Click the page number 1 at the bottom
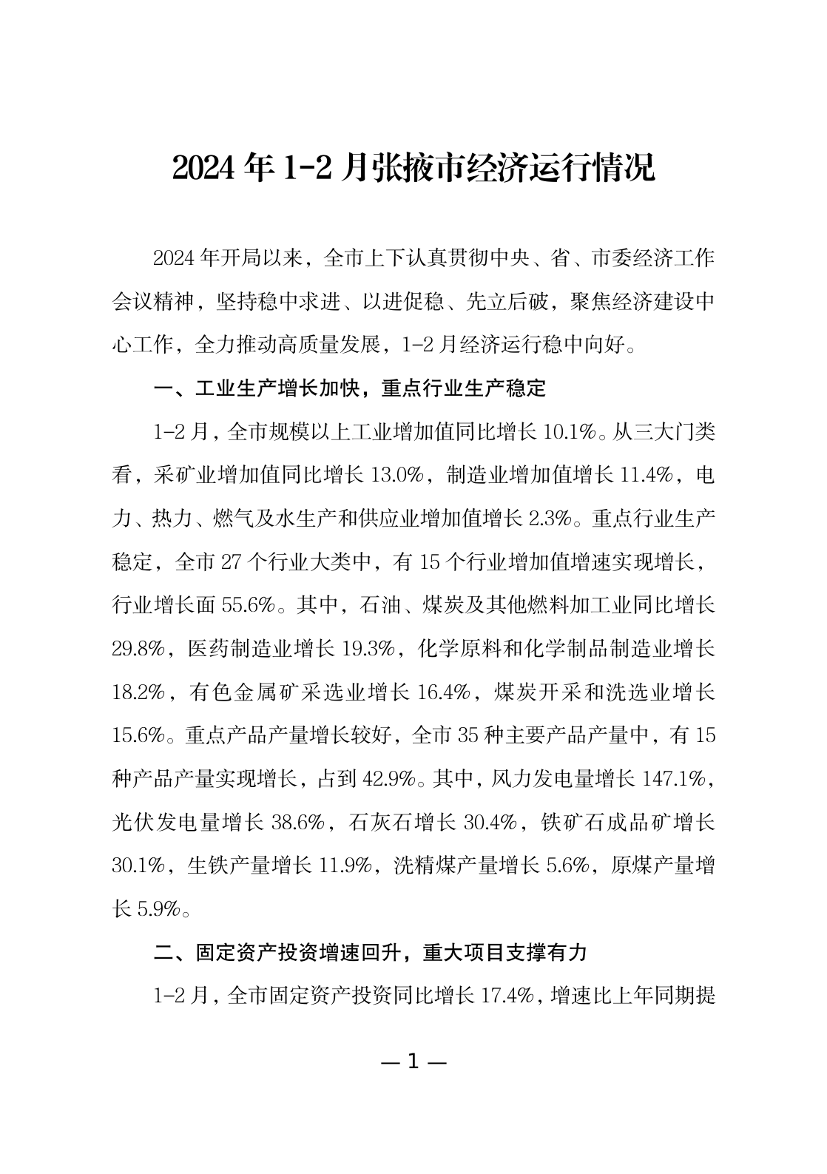(413, 1062)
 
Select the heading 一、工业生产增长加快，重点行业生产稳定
(349, 388)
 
